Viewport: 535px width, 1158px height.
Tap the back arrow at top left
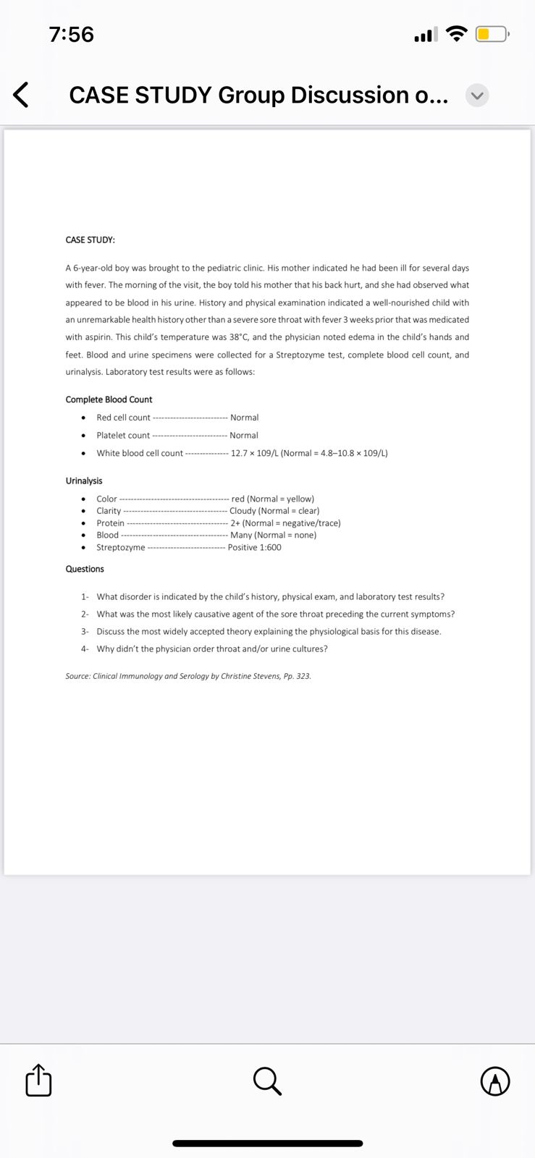tap(21, 95)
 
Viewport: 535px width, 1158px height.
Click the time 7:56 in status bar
tap(72, 34)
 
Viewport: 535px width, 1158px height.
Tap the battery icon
tap(492, 34)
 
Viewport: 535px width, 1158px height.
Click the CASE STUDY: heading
tap(90, 240)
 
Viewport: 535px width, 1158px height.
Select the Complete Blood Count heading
tap(109, 400)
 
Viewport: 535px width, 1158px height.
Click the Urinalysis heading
tap(84, 481)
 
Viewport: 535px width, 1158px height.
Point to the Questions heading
tap(85, 569)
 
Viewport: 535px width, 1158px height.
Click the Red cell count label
tap(123, 418)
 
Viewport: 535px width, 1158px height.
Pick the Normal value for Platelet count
tap(244, 436)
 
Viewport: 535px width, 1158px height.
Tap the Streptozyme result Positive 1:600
tap(254, 547)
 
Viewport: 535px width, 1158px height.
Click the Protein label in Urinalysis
tap(110, 523)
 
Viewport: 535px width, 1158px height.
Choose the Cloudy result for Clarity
tap(243, 511)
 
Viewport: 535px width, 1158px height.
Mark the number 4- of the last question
tap(85, 649)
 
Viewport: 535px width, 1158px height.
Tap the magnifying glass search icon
tap(267, 1081)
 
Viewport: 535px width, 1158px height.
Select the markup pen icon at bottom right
tap(495, 1081)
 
